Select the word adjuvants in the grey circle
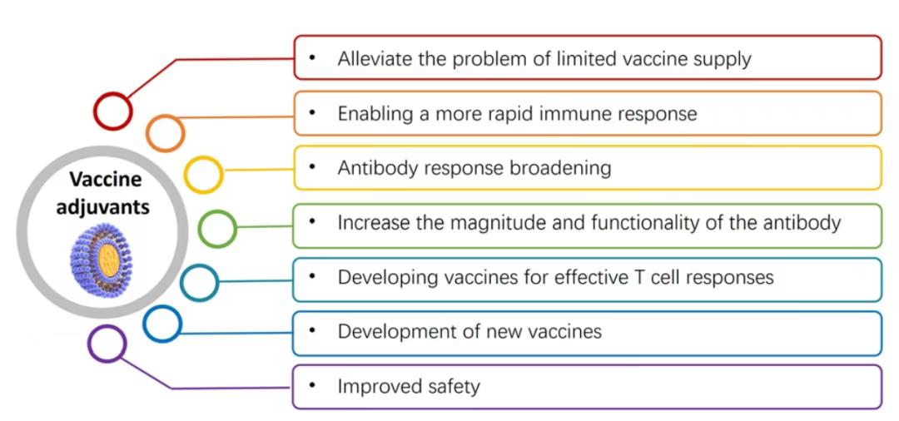(x=103, y=206)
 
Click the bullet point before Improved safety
(x=312, y=385)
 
